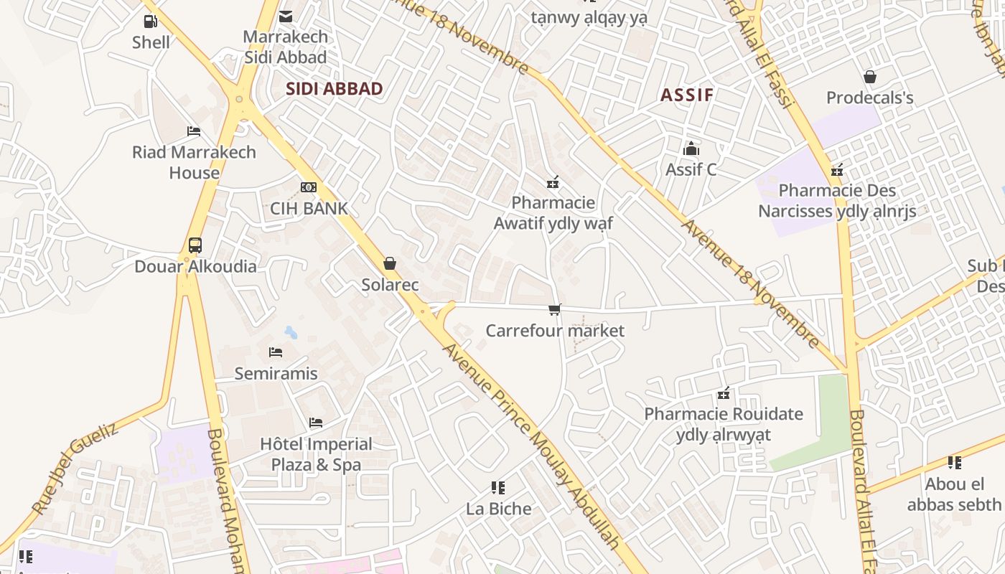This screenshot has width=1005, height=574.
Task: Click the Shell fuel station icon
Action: tap(150, 22)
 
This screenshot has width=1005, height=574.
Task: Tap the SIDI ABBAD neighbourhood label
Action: tap(335, 89)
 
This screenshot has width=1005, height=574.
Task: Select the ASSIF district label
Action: tap(687, 95)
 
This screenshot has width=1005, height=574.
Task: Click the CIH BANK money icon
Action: tap(309, 187)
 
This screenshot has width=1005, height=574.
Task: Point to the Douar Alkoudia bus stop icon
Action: tap(195, 245)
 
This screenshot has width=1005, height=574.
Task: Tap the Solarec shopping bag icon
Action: tap(390, 264)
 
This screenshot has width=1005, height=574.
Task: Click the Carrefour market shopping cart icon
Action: tap(555, 310)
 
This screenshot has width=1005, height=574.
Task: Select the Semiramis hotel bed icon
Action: tap(276, 352)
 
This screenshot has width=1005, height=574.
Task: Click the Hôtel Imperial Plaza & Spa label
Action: tap(316, 454)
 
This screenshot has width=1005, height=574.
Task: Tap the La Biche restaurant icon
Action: tap(498, 488)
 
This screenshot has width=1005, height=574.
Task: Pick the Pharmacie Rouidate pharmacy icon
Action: tap(724, 393)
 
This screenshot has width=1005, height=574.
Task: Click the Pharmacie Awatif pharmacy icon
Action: tap(553, 182)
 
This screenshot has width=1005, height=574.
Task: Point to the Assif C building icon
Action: tap(691, 149)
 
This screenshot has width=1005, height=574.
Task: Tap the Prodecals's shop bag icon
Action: tap(870, 77)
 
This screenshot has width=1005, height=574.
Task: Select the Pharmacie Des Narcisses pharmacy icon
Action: tap(837, 170)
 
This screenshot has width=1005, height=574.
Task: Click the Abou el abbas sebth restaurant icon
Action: tap(954, 463)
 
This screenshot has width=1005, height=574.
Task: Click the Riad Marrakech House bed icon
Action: tap(194, 131)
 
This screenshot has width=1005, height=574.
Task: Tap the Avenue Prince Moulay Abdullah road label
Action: tap(531, 445)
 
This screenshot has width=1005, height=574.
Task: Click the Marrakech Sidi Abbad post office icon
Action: tap(286, 17)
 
